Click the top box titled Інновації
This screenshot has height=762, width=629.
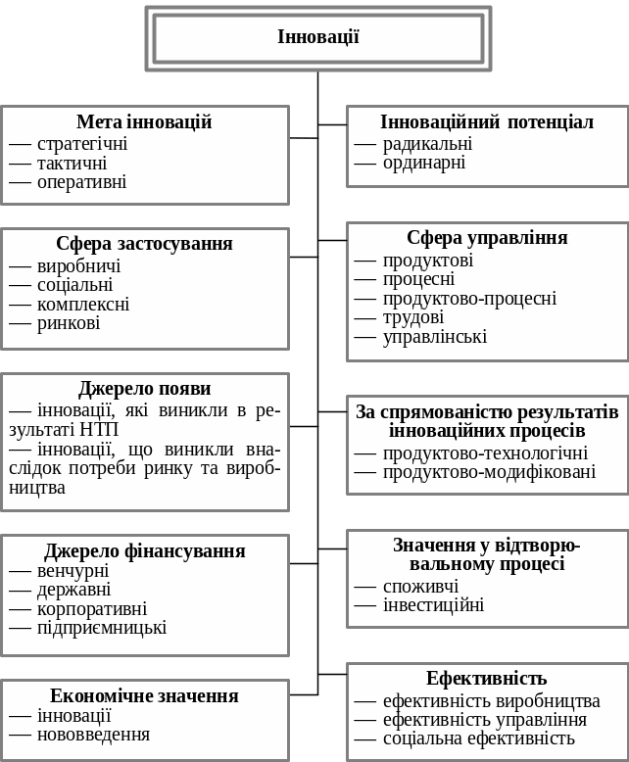tap(318, 38)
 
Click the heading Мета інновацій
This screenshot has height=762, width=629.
tap(144, 122)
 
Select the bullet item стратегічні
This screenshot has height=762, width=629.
tap(82, 144)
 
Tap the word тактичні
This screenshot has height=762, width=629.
tap(72, 164)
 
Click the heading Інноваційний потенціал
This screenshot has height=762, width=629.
tap(487, 122)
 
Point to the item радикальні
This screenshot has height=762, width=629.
tap(427, 144)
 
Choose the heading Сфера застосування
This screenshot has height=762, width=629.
tap(144, 244)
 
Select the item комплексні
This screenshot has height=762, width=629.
tap(83, 305)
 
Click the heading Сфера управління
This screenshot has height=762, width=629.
tap(487, 238)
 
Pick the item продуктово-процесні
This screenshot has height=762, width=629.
tap(469, 299)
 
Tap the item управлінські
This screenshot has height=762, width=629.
tap(434, 337)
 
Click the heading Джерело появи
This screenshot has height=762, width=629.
tap(144, 389)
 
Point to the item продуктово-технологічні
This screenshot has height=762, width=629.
tap(485, 453)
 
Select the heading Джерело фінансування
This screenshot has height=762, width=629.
tap(144, 551)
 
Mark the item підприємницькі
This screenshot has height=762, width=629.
tap(102, 628)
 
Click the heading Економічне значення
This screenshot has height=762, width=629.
tap(144, 696)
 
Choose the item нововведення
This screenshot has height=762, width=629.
tap(93, 735)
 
